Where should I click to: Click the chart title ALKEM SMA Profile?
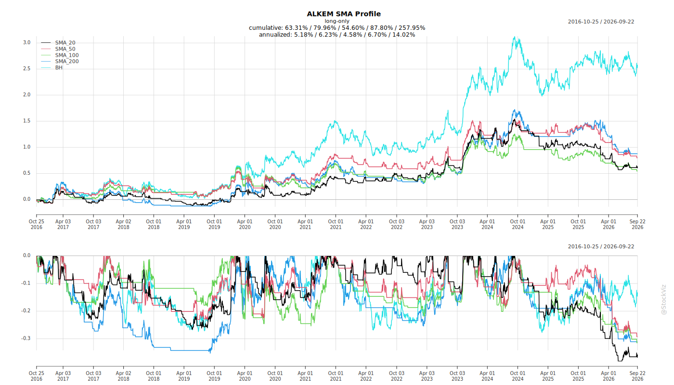point(344,14)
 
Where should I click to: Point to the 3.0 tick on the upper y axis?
point(27,42)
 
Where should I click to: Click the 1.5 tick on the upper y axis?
point(27,121)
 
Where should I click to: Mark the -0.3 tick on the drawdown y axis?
point(26,338)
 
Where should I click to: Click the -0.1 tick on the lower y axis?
point(26,283)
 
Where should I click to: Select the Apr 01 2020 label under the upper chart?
point(245,224)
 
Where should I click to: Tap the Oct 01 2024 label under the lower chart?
point(518,376)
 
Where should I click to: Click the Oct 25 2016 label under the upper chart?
point(37,224)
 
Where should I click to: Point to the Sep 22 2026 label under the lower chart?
point(637,376)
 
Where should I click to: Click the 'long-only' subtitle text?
point(337,21)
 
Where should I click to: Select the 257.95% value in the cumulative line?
point(412,28)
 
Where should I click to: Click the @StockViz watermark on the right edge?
point(663,299)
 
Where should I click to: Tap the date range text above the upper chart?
point(601,22)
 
